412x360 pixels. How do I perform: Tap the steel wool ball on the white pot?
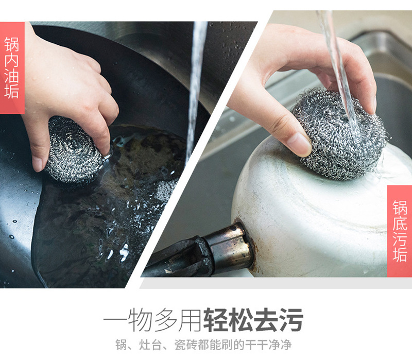pyautogui.click(x=339, y=134)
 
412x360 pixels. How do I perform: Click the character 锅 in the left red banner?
pyautogui.click(x=11, y=44)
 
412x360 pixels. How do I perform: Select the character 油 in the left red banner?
pyautogui.click(x=11, y=75)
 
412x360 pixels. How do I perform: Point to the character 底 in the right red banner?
pyautogui.click(x=400, y=223)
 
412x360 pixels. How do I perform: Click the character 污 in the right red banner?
pyautogui.click(x=400, y=238)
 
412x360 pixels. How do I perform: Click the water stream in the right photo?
pyautogui.click(x=339, y=74)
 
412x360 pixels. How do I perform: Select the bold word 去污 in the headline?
pyautogui.click(x=279, y=320)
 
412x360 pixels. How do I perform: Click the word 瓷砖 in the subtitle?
pyautogui.click(x=185, y=345)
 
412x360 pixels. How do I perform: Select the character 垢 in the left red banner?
pyautogui.click(x=11, y=91)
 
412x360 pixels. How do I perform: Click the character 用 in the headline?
pyautogui.click(x=190, y=320)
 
